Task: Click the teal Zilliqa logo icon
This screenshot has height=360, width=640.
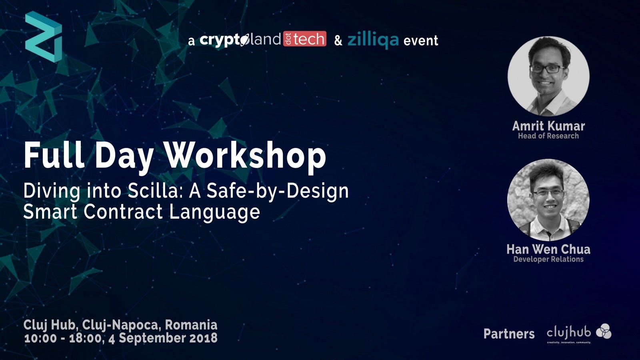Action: [44, 36]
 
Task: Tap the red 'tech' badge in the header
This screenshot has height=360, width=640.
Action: [304, 39]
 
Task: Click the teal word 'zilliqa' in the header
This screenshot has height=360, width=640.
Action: [373, 40]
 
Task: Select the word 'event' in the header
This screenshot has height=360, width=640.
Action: [420, 40]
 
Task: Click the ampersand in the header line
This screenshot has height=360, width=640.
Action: [338, 40]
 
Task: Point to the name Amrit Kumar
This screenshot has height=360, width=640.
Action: [548, 126]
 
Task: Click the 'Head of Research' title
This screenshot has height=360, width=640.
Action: [548, 136]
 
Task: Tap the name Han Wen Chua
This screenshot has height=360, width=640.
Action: [548, 249]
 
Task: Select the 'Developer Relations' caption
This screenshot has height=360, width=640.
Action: [548, 259]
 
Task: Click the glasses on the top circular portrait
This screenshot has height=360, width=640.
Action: [547, 69]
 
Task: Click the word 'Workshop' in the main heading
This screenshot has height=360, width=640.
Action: [246, 156]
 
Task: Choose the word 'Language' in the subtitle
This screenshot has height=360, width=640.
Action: [214, 212]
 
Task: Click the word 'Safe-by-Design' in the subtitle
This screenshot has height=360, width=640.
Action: [278, 191]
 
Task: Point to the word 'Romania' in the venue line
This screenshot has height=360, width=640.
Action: [191, 325]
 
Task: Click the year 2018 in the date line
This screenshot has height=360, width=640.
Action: [204, 338]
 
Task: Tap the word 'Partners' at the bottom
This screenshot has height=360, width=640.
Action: [509, 334]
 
